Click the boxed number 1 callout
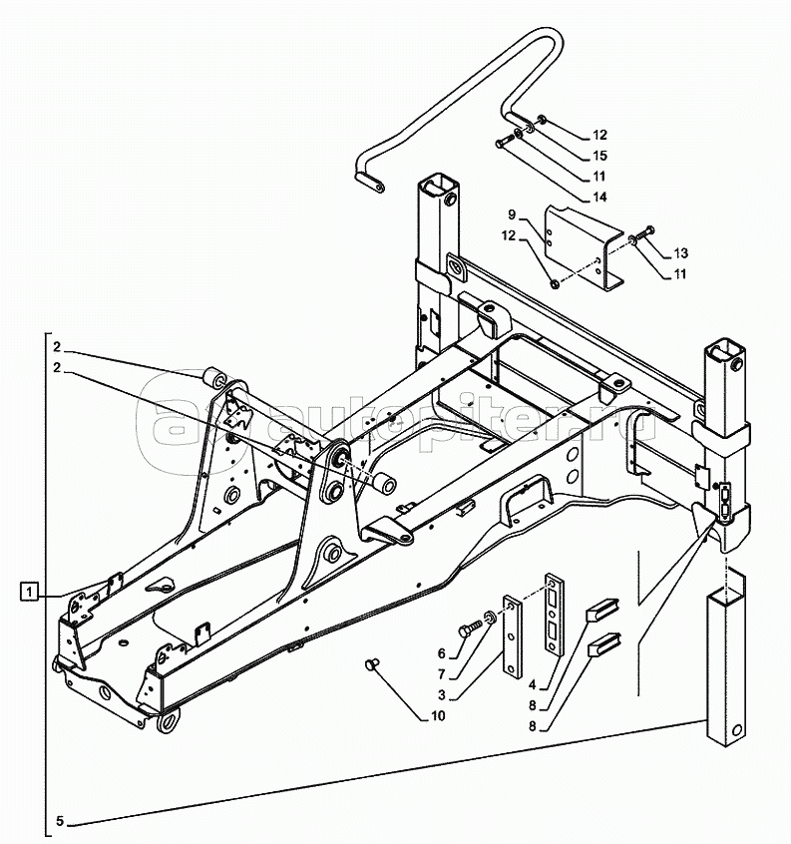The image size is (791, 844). click(32, 591)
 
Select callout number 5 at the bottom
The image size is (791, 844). click(59, 822)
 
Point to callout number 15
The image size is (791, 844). click(599, 155)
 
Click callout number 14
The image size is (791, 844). click(598, 197)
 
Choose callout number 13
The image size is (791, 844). click(682, 252)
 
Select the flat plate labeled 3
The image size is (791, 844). click(514, 638)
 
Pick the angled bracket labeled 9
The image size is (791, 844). click(579, 244)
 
